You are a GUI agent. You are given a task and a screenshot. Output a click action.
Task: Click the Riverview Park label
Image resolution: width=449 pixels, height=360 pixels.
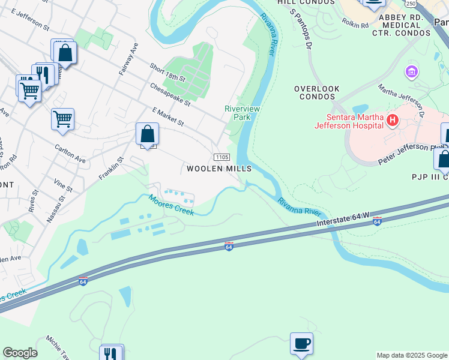(x=237, y=113)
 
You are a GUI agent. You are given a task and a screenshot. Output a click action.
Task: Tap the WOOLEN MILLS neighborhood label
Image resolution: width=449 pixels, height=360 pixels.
(x=218, y=169)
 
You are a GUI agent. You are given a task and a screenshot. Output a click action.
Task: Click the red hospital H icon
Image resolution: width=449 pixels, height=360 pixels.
(x=393, y=120)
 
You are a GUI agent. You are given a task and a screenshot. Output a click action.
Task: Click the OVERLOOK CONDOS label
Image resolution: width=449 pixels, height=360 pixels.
(x=314, y=92)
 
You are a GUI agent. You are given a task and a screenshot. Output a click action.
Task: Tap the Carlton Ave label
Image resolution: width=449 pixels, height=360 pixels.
(x=70, y=153)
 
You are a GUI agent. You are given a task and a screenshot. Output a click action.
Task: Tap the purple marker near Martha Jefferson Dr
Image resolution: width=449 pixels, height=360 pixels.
(x=411, y=73)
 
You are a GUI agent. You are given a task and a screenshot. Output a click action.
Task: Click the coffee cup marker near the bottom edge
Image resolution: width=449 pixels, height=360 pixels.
(x=302, y=344)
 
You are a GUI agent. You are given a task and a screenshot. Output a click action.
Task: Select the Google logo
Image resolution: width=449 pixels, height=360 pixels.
(x=20, y=353)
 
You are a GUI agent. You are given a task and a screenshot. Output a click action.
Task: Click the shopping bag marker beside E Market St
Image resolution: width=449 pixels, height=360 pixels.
(x=147, y=134)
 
